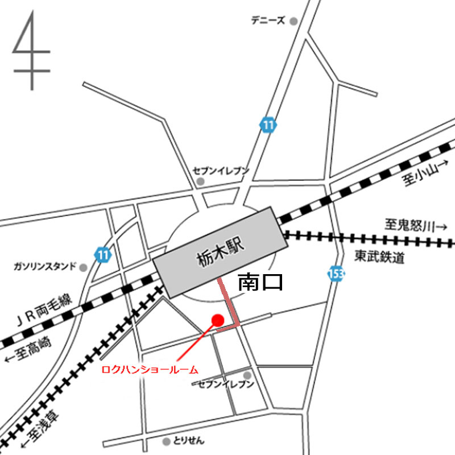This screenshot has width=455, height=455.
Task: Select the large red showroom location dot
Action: (x=217, y=320)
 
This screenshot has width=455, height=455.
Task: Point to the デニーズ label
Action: (x=268, y=21)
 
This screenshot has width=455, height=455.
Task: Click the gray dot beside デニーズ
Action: (x=293, y=21)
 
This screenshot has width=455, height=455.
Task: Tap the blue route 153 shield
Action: (x=336, y=274)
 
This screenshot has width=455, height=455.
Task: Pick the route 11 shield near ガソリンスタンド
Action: (x=102, y=254)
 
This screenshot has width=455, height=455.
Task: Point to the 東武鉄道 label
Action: (x=380, y=257)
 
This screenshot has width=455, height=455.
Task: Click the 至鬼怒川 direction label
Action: (x=416, y=226)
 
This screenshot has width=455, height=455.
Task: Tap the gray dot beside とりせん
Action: (x=166, y=441)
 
